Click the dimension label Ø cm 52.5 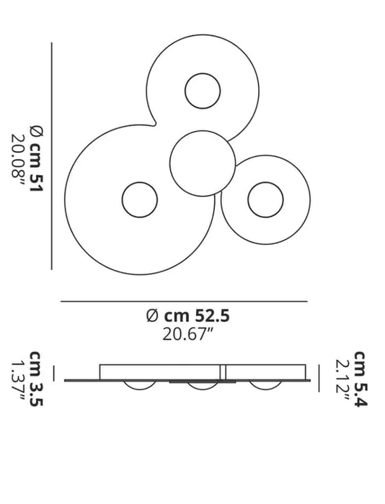(x=187, y=315)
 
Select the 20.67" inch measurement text (x=188, y=334)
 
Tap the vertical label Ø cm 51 (x=36, y=159)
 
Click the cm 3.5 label (x=36, y=379)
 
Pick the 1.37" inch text (x=18, y=381)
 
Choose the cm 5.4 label (x=360, y=379)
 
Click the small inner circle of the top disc (x=203, y=91)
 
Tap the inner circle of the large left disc (x=140, y=199)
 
